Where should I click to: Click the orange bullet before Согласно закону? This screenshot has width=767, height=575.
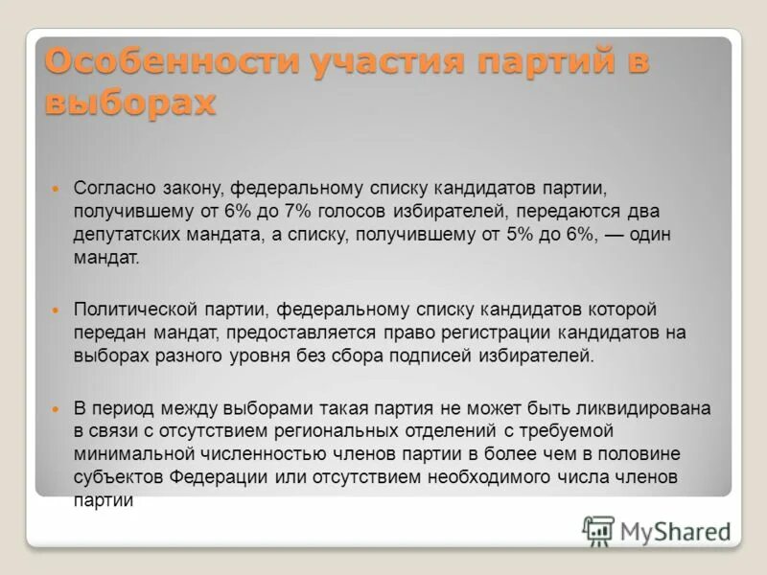55,188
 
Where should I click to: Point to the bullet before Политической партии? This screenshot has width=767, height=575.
55,310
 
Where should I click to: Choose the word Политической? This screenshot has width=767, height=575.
136,310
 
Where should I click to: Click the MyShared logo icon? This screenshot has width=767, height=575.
598,530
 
